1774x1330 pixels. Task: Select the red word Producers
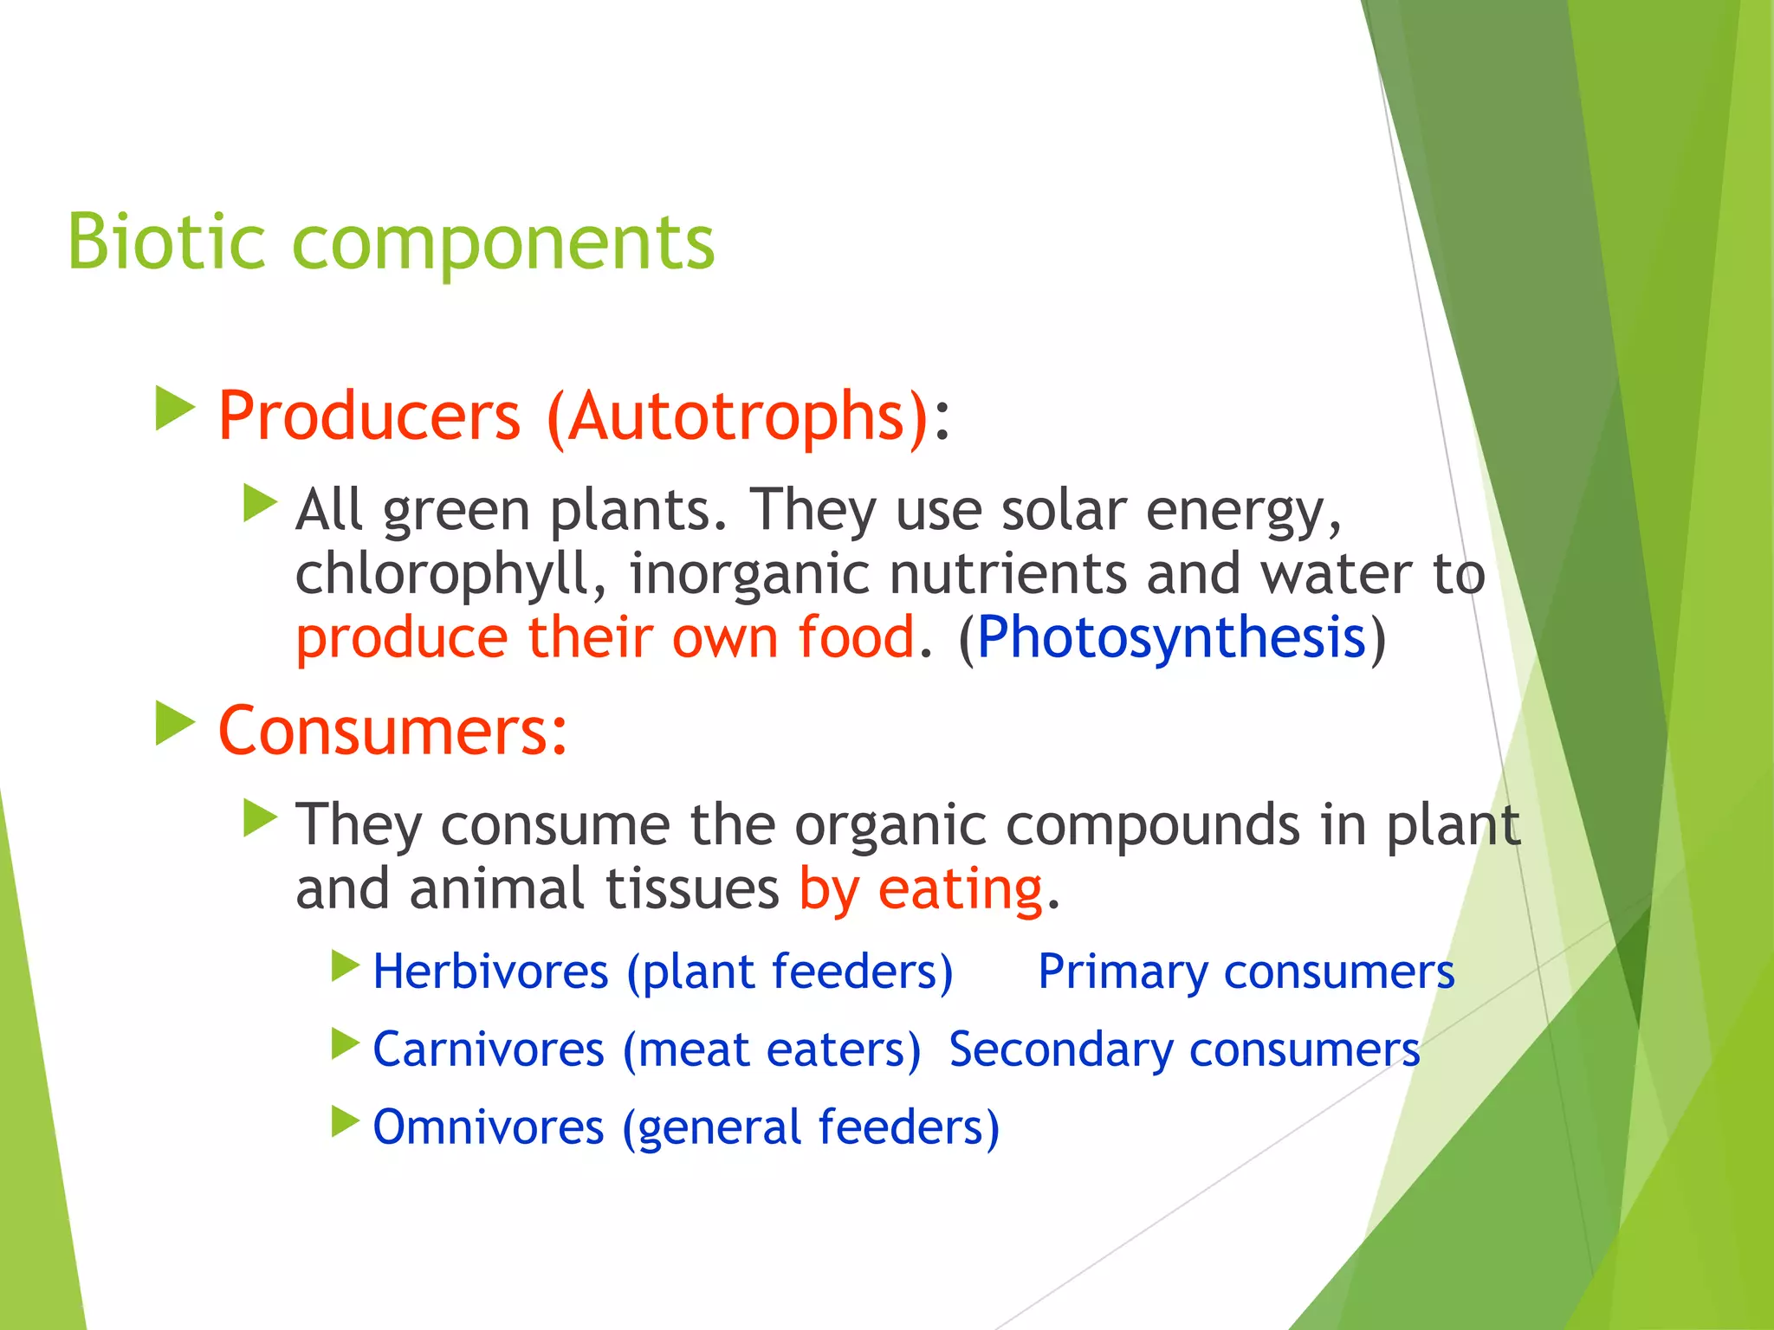[x=369, y=416]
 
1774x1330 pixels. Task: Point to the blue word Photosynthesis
[x=1171, y=638]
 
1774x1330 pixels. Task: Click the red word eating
[x=960, y=889]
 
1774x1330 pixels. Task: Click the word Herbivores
[x=490, y=972]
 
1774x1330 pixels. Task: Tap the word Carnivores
[x=489, y=1049]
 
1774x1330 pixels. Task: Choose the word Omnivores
[x=489, y=1127]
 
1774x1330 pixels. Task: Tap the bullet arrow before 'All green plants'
[x=260, y=503]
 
